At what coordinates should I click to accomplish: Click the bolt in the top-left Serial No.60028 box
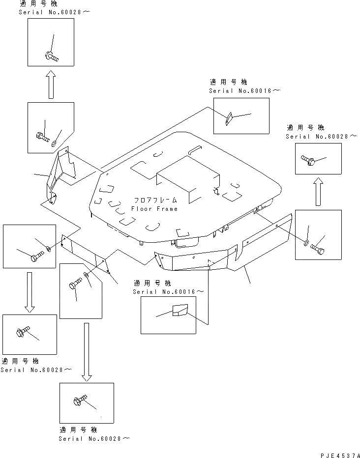point(51,57)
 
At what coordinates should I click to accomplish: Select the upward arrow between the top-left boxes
point(50,85)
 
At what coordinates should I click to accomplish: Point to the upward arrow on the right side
point(319,191)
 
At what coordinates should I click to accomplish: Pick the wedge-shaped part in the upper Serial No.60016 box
point(227,119)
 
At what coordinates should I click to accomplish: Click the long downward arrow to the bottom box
point(87,351)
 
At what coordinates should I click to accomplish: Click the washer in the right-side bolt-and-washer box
point(307,243)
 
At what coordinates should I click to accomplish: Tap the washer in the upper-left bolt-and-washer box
point(54,143)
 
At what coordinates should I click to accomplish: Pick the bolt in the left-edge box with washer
point(36,258)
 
